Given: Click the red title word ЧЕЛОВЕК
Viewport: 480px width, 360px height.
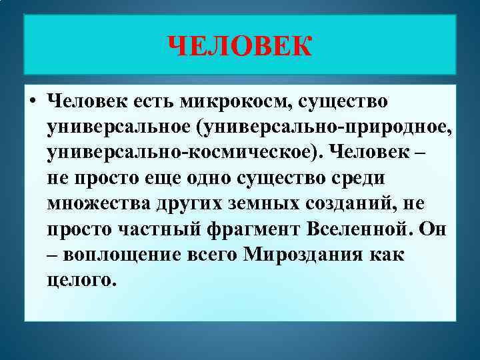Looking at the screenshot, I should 240,46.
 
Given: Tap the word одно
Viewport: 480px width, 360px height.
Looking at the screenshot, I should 213,179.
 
